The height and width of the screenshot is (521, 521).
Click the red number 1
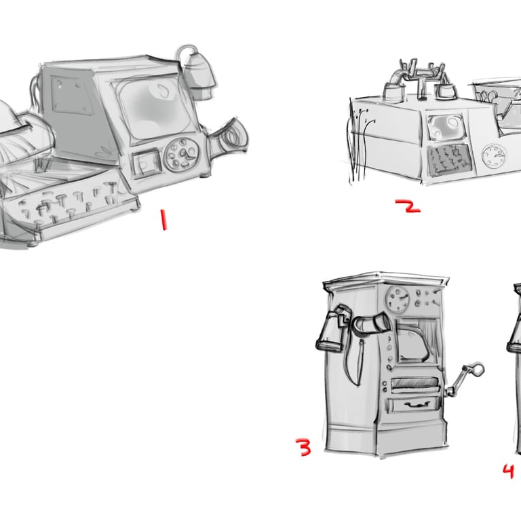click(x=163, y=219)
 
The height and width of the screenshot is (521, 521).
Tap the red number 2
click(x=408, y=206)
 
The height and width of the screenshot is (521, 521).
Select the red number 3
click(x=303, y=447)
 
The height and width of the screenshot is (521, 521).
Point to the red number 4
click(x=508, y=471)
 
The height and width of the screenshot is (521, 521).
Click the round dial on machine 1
click(x=182, y=155)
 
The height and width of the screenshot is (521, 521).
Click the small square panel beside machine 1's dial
click(x=147, y=163)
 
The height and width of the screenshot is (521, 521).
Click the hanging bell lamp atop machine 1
click(x=198, y=75)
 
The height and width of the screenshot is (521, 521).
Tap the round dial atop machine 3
click(x=398, y=299)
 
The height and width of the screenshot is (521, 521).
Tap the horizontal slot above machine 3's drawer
click(x=414, y=383)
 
